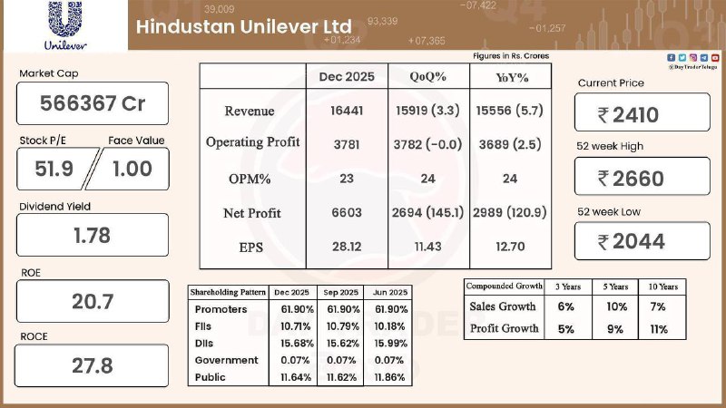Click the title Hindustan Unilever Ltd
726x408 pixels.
coord(244,26)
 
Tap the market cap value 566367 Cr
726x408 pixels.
coord(93,103)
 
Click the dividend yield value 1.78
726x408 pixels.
coord(93,235)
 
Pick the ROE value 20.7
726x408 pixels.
coord(93,301)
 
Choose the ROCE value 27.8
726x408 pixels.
coord(93,365)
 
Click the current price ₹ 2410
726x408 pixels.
coord(641,113)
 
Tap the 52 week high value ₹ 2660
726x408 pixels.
coord(641,178)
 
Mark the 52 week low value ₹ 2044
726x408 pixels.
coord(641,241)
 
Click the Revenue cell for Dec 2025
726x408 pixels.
coord(347,111)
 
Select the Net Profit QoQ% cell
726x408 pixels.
coord(428,212)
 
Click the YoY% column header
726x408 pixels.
coord(509,76)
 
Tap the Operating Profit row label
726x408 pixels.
coord(253,142)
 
